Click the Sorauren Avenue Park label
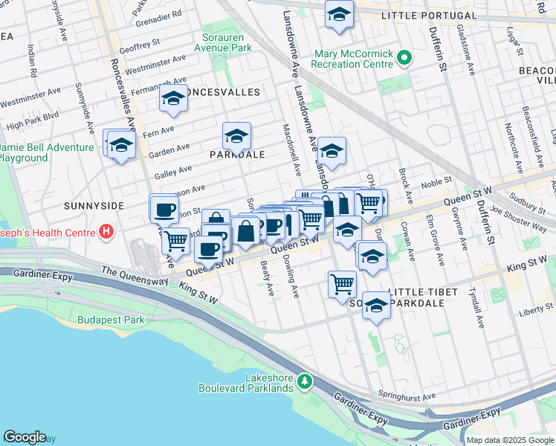[x=227, y=42]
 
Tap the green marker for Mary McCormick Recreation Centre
[x=404, y=57]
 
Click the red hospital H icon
[x=106, y=233]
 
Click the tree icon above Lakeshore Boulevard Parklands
[x=303, y=381]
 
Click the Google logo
[x=25, y=437]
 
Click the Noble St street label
[x=437, y=181]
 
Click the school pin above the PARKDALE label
[x=236, y=137]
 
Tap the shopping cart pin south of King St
[x=342, y=282]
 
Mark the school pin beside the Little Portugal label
[x=339, y=14]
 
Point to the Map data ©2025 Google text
[x=509, y=439]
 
